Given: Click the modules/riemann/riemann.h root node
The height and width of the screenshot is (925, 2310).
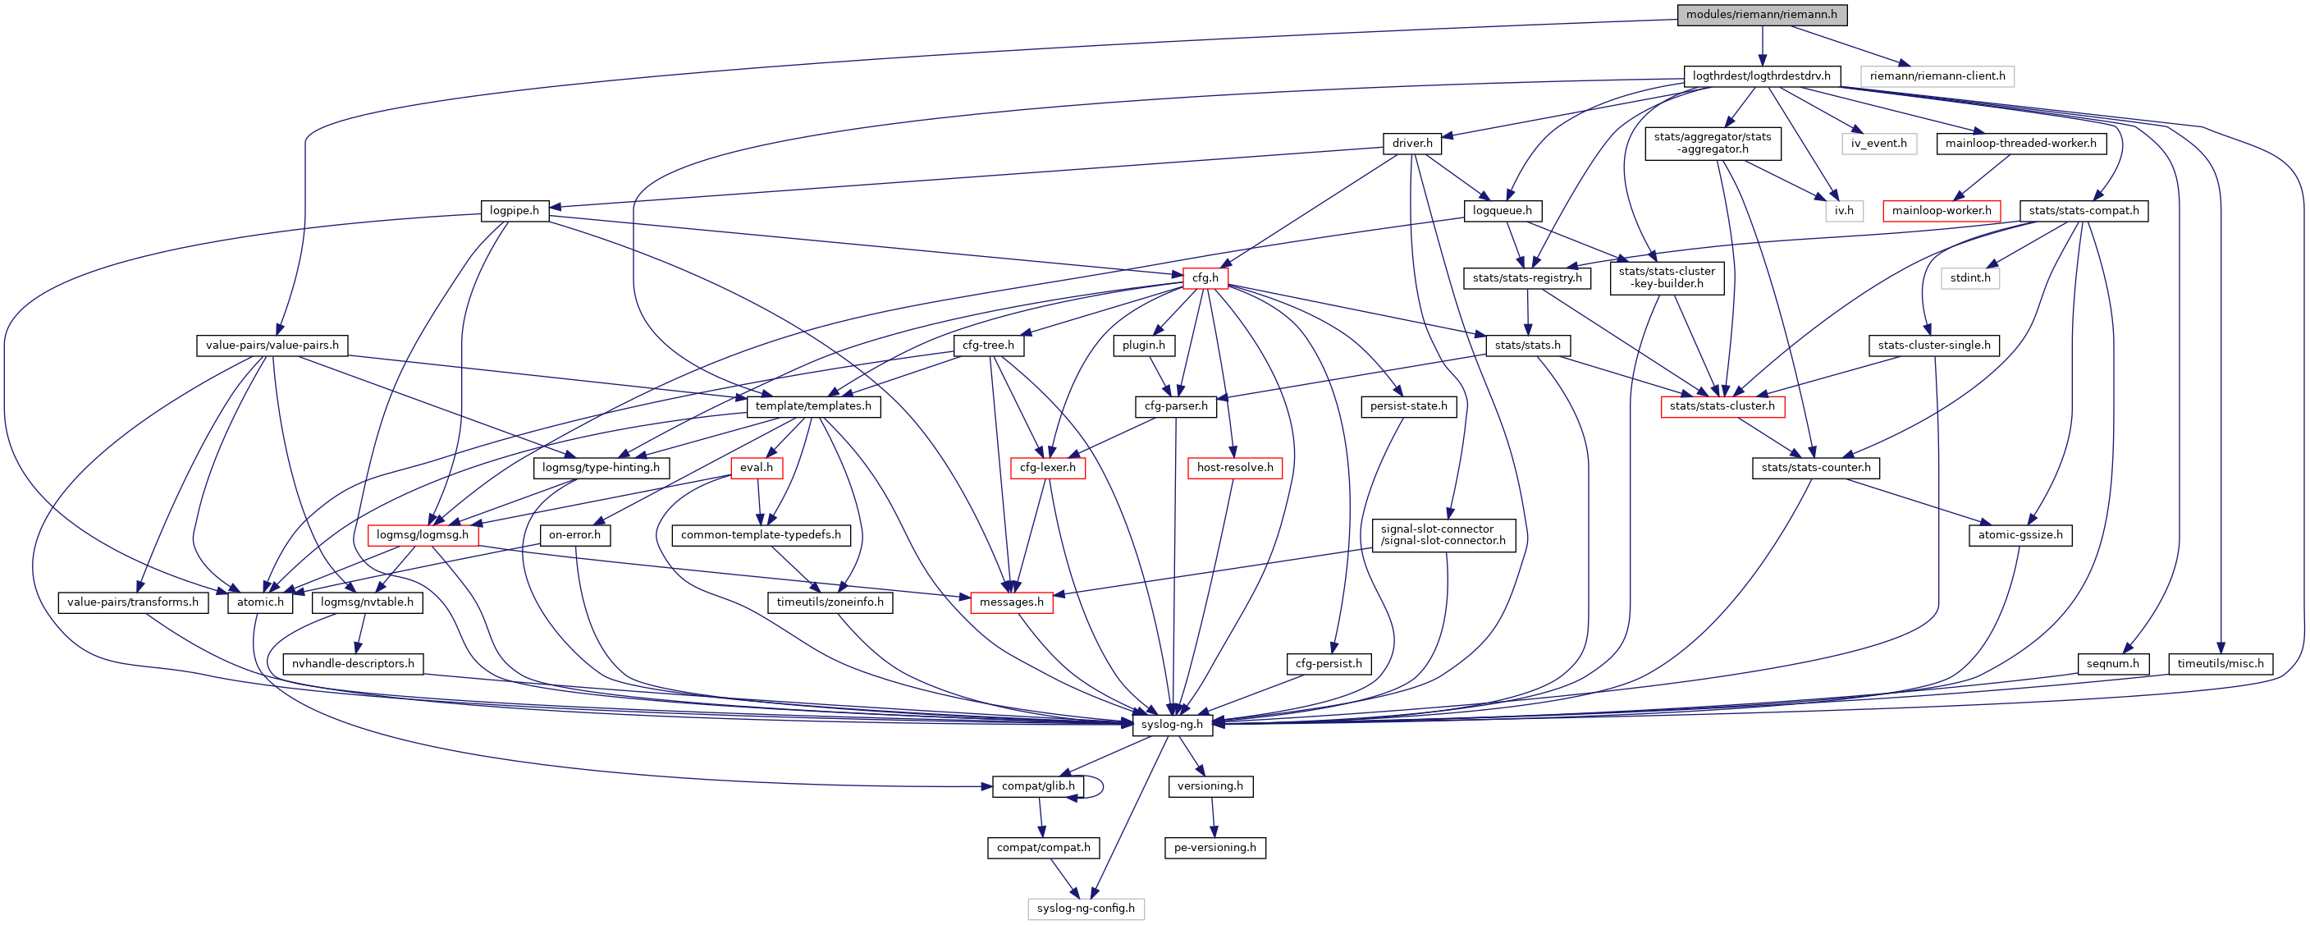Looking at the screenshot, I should point(1762,14).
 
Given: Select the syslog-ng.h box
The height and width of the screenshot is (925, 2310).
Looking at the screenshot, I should point(1172,724).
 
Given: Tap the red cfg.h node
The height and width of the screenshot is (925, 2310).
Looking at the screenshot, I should point(1205,278).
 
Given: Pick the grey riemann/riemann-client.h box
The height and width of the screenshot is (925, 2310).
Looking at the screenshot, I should point(1937,76).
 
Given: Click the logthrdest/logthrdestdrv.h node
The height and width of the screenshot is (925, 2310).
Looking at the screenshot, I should point(1761,76).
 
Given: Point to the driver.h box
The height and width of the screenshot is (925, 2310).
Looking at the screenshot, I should point(1412,144).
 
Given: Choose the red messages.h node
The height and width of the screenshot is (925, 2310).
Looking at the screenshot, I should point(1012,602).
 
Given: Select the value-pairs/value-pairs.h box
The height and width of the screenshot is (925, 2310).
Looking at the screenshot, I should point(272,346).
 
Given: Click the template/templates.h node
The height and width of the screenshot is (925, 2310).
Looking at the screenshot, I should point(813,406).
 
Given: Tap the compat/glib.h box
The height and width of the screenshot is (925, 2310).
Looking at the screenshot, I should point(1037,786).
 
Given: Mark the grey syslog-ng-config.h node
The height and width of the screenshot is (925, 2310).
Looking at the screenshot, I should point(1085,908).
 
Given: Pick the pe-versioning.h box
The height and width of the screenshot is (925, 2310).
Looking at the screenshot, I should point(1214,847).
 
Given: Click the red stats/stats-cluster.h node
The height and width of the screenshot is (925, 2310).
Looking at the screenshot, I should point(1722,406).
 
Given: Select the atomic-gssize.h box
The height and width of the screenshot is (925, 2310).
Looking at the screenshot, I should point(2020,534).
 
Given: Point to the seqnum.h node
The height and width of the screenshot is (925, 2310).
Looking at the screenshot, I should point(2113,664).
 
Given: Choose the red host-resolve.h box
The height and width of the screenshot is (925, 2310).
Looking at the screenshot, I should point(1235,468).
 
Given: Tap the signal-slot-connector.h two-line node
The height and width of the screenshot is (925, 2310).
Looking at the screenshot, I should point(1443,534).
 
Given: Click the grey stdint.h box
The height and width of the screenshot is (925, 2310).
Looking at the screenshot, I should point(1970,278).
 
